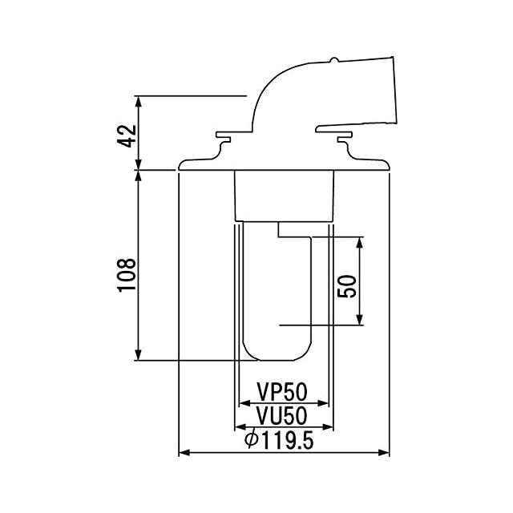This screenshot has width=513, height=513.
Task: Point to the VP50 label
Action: (282, 392)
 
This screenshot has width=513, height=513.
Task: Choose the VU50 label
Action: (282, 416)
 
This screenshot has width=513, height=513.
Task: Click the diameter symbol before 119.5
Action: (250, 440)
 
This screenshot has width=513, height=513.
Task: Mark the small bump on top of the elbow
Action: (333, 60)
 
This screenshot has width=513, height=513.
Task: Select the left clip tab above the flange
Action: (222, 141)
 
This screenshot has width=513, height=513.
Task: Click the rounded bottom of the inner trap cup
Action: (277, 353)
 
